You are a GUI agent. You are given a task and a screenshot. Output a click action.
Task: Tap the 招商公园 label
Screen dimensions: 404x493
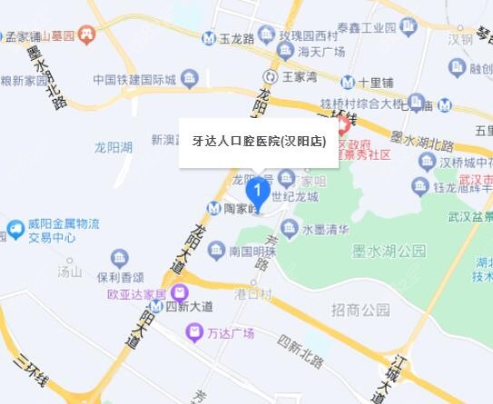tap(360, 310)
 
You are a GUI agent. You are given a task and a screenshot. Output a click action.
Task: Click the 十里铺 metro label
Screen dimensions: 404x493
tap(374, 83)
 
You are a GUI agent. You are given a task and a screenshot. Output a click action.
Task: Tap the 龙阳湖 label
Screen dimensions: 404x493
tap(113, 146)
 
